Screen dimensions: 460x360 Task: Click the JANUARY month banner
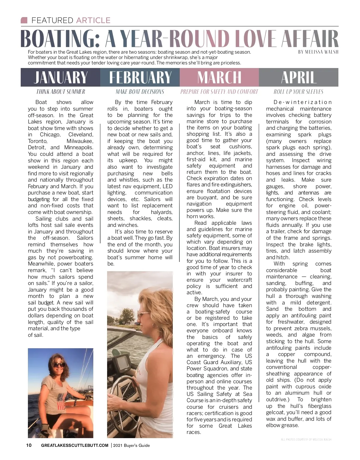60,77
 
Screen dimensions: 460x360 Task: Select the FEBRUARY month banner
140,77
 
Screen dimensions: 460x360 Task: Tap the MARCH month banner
219,77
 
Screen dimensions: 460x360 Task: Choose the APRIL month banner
299,77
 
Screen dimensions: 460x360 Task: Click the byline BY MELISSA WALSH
318,52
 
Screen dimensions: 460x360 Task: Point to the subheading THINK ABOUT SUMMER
61,92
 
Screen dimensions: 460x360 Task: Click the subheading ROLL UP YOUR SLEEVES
298,92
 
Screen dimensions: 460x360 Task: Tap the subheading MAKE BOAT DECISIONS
140,92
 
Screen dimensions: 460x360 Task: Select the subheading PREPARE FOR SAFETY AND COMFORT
219,92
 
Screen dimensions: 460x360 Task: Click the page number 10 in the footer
29,445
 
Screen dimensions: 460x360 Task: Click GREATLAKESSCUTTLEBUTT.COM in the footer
75,445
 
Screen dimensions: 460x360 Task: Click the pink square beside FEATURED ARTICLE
24,20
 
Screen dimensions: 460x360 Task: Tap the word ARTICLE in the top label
93,20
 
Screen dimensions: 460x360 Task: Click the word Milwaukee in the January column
80,141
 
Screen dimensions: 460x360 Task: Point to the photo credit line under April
306,440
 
